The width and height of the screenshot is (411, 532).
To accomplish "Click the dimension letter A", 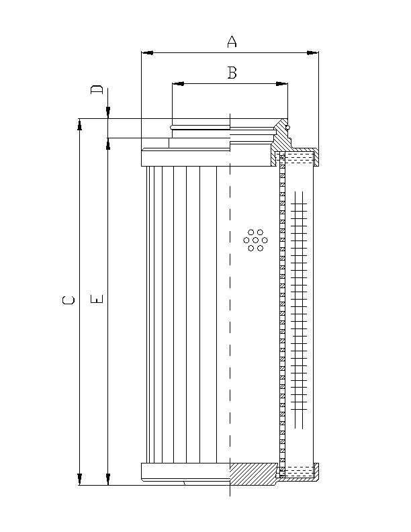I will [232, 42].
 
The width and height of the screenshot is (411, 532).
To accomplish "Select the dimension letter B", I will [232, 73].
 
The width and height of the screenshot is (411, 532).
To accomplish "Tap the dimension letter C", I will [68, 300].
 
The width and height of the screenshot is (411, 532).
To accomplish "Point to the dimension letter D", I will [97, 89].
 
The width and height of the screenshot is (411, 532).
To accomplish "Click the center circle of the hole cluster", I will [255, 240].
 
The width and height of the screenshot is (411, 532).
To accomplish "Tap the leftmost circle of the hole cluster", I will [246, 240].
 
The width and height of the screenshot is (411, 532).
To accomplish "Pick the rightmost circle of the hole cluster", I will [265, 240].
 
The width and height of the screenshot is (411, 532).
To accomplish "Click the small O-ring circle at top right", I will [287, 126].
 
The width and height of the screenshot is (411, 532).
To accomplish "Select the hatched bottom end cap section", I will [252, 474].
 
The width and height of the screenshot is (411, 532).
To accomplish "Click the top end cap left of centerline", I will [185, 158].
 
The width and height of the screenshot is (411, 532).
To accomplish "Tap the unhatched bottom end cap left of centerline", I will [185, 474].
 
